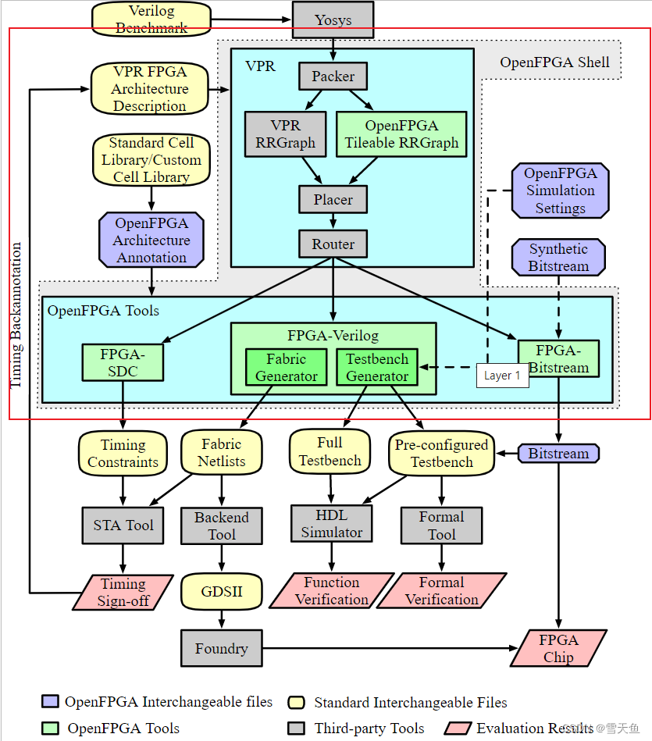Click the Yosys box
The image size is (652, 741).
click(x=333, y=20)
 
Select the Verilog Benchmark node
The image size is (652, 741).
click(x=151, y=19)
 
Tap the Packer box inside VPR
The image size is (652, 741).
click(x=333, y=77)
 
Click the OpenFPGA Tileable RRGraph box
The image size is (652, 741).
click(x=401, y=134)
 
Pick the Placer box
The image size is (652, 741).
click(x=333, y=199)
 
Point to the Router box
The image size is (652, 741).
click(x=333, y=244)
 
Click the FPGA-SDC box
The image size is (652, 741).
click(x=123, y=362)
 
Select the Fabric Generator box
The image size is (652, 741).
click(x=292, y=368)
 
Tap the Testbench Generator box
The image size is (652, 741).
click(x=377, y=368)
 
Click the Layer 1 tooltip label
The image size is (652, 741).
click(x=502, y=376)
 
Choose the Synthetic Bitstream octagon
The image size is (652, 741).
click(x=558, y=258)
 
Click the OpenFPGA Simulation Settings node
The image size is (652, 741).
click(x=560, y=191)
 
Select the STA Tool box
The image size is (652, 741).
click(x=123, y=525)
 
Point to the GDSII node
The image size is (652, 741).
click(x=222, y=591)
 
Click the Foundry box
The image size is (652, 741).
click(x=222, y=648)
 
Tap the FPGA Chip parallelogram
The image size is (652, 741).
click(x=559, y=648)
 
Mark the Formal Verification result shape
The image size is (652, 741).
click(x=442, y=591)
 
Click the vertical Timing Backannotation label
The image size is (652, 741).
click(x=16, y=315)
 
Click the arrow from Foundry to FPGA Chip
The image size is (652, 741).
click(x=390, y=647)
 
